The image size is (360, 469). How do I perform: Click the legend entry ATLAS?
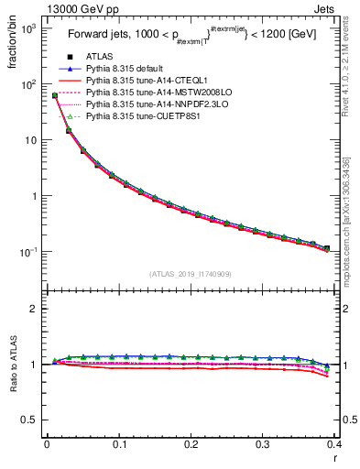pyautogui.click(x=98, y=57)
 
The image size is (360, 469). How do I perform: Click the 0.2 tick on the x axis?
pyautogui.click(x=191, y=444)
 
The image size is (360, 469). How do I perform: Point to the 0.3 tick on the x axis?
pyautogui.click(x=263, y=444)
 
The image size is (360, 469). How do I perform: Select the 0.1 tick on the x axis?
pyautogui.click(x=118, y=444)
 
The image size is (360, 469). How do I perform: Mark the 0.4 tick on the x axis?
pyautogui.click(x=333, y=444)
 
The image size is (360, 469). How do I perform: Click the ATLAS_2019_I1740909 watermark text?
pyautogui.click(x=191, y=274)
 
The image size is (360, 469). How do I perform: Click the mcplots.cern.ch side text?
pyautogui.click(x=353, y=238)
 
